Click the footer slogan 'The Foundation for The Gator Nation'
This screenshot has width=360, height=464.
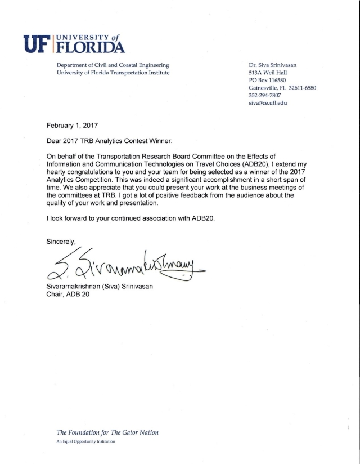pos(107,432)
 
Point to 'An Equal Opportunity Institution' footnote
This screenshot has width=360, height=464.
pos(85,442)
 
